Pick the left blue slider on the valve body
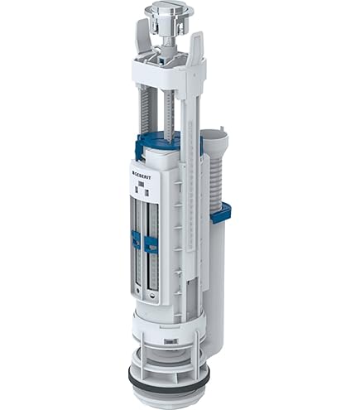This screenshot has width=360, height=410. [x=135, y=242]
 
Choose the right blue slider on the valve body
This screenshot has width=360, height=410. [x=151, y=244]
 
